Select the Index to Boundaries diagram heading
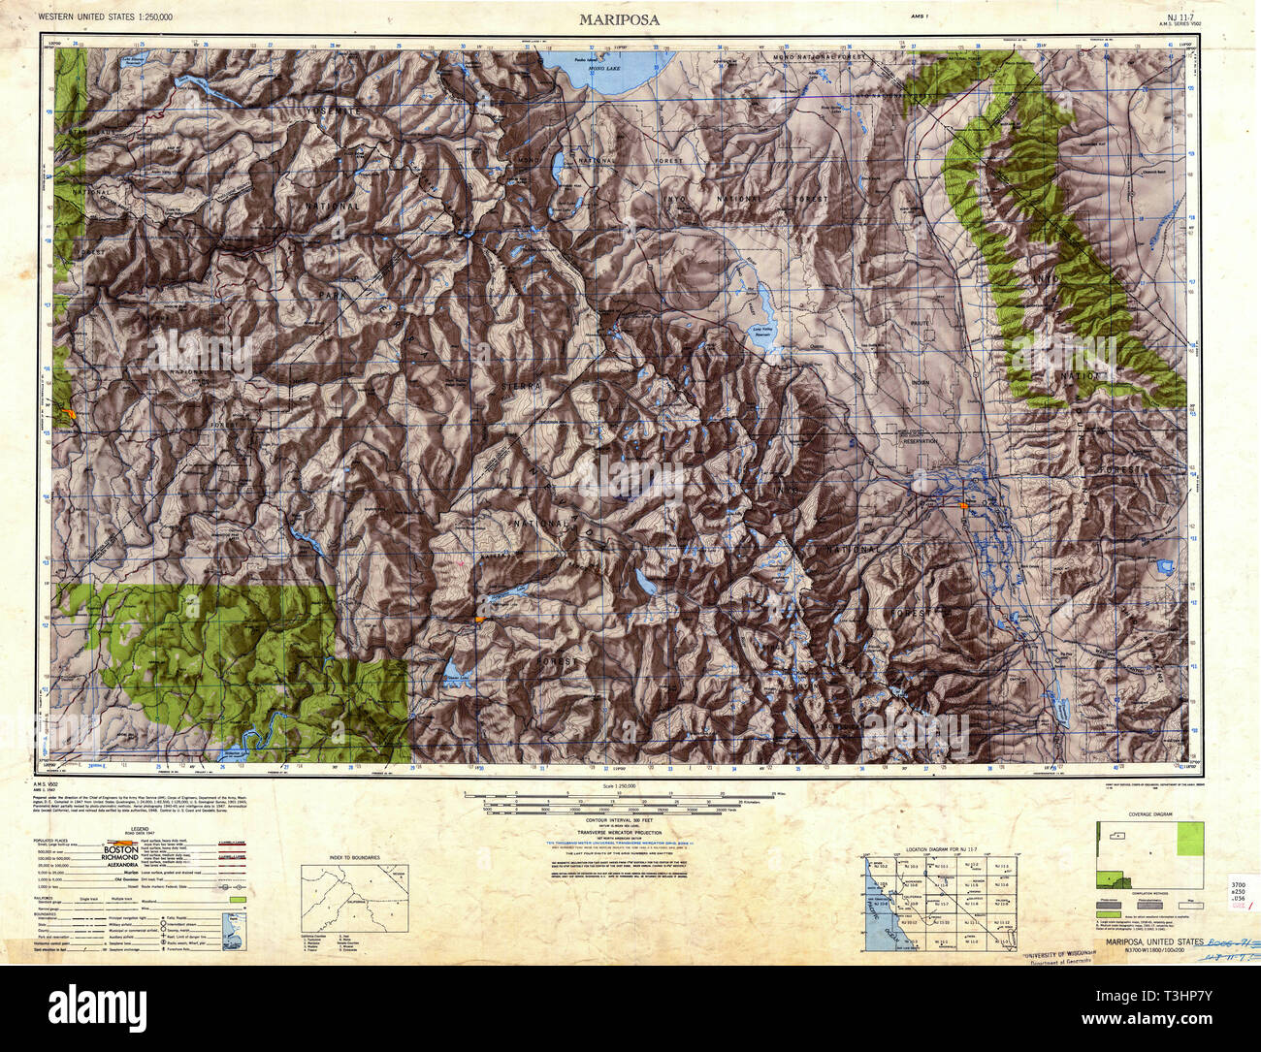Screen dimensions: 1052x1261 (x=354, y=858)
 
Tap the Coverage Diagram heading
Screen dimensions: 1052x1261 (x=1148, y=814)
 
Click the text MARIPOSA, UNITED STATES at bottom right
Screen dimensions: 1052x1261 (x=1147, y=941)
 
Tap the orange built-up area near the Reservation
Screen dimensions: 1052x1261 (x=963, y=505)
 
